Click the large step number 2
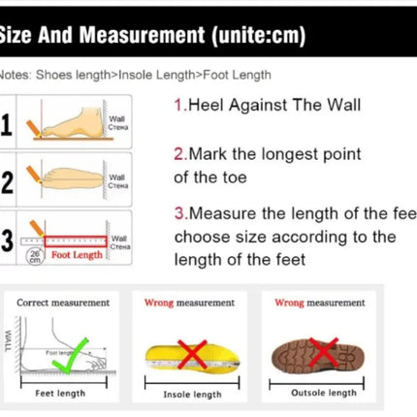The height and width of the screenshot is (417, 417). (x=9, y=181)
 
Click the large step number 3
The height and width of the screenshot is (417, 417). (x=9, y=240)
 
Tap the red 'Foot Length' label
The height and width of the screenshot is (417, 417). (x=77, y=255)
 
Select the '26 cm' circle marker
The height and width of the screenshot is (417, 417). (x=35, y=255)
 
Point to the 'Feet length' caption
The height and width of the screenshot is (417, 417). (x=60, y=393)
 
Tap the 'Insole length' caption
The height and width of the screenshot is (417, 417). (x=192, y=394)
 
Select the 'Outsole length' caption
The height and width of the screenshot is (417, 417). (x=324, y=393)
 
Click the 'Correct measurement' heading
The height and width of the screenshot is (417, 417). (x=63, y=303)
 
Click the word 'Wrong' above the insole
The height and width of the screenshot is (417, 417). (x=159, y=303)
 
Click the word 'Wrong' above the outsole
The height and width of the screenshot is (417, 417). (x=289, y=303)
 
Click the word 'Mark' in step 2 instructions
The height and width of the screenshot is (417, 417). (x=207, y=154)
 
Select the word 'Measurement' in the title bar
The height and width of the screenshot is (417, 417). (x=144, y=38)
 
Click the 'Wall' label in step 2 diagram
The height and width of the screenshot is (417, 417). (x=116, y=178)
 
